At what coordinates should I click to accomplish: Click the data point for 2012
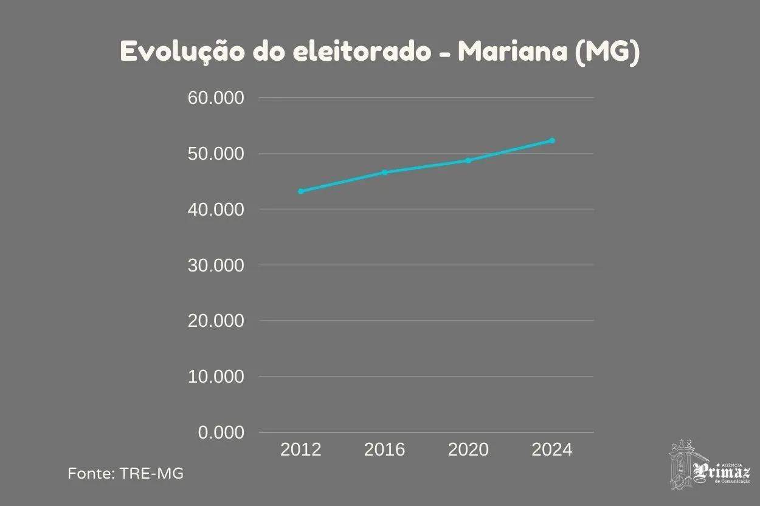click(x=301, y=191)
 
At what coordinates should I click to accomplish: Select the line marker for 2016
click(x=384, y=173)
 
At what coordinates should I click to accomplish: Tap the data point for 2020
click(x=468, y=160)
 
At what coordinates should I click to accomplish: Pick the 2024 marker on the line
click(x=552, y=140)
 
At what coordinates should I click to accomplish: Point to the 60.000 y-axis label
click(x=216, y=98)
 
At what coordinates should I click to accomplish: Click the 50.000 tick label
click(x=216, y=154)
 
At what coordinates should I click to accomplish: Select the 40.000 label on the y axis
click(x=216, y=210)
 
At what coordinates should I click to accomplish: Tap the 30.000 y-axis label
click(x=216, y=265)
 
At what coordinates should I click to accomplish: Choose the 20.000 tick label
click(x=216, y=321)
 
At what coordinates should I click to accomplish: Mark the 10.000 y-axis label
click(x=216, y=377)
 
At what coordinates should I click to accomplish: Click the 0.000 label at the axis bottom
click(x=221, y=432)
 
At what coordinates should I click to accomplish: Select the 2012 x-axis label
click(x=301, y=450)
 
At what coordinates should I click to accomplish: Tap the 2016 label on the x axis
click(x=384, y=450)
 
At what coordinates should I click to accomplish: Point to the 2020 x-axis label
click(x=468, y=450)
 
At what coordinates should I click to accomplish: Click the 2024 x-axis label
click(x=552, y=450)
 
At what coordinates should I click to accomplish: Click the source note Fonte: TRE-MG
click(x=126, y=473)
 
